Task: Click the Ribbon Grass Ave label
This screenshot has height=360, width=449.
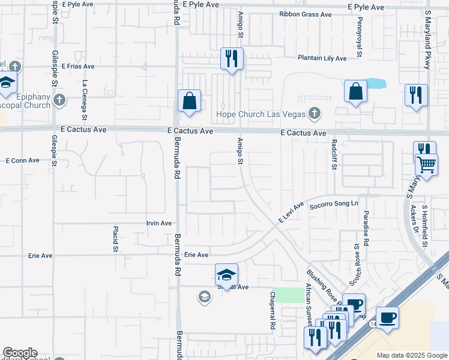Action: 305,14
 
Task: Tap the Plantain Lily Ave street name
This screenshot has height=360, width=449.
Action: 322,58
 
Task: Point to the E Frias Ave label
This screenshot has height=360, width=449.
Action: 77,67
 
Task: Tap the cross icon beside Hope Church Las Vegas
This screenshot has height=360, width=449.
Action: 313,113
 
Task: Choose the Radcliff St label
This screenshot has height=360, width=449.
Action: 334,155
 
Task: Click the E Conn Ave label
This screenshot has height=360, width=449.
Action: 22,161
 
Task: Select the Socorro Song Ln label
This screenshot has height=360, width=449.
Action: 333,205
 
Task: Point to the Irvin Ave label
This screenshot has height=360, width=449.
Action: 159,223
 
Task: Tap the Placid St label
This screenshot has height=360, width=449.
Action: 115,239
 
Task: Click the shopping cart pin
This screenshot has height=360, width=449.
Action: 427,163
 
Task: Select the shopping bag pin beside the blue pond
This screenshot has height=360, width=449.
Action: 355,91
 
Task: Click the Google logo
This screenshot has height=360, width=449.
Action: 20,353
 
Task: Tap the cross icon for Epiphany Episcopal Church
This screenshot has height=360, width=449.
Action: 59,100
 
